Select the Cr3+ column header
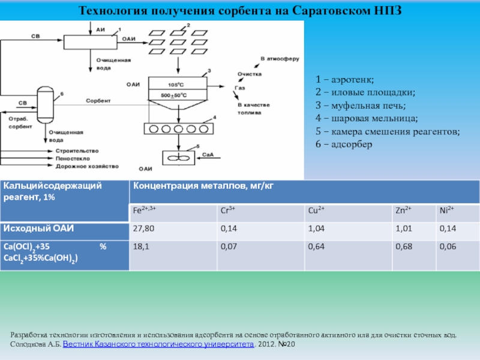point(227,211)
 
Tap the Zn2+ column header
point(403,211)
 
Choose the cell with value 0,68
point(403,246)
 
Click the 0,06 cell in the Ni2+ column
point(448,246)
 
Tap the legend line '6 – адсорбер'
point(344,145)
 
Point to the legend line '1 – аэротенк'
point(346,79)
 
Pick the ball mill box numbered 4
point(178,128)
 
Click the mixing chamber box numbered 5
point(178,158)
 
